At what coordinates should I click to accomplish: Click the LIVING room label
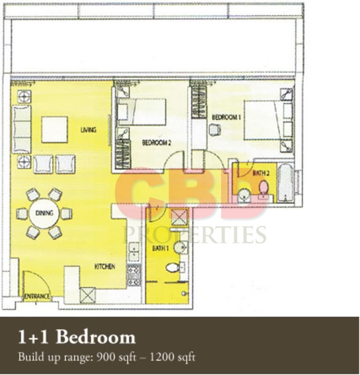[88, 130]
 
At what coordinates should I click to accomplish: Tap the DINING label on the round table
[44, 213]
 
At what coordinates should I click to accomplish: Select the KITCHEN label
[105, 266]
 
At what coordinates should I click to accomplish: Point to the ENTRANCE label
[37, 297]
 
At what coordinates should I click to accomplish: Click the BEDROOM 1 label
[226, 117]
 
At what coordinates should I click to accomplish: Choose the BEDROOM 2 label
[156, 143]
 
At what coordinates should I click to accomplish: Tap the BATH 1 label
[161, 248]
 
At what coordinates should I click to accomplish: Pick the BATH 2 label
[261, 173]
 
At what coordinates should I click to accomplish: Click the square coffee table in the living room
[54, 130]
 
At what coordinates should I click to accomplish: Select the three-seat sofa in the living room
[22, 129]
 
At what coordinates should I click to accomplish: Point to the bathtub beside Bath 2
[286, 183]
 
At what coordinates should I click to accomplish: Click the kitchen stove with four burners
[134, 275]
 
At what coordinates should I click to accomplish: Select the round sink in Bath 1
[180, 247]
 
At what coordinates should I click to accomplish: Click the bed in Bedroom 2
[142, 112]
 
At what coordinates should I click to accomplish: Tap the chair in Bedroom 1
[215, 130]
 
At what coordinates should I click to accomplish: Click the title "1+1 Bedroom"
[77, 337]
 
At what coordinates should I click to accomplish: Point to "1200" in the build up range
[162, 357]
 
